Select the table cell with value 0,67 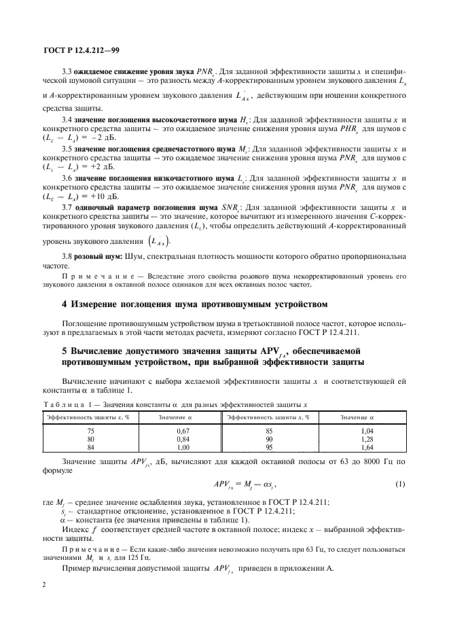pos(181,430)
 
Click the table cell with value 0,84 pos(181,438)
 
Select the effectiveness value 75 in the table pos(91,430)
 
